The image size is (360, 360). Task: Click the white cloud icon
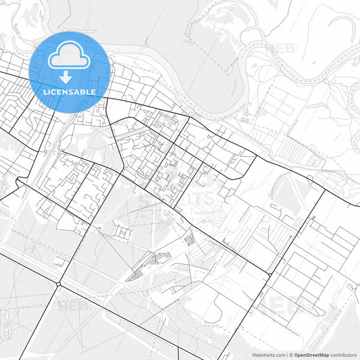[x=70, y=55]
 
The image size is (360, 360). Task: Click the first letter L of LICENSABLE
[x=45, y=91]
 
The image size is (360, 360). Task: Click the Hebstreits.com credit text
[x=267, y=354]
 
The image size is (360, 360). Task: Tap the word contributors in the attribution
[x=344, y=354]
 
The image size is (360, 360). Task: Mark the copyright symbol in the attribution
[x=291, y=354]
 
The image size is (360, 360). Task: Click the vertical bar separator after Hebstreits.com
[x=286, y=354]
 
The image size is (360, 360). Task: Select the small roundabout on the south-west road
[x=59, y=285]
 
